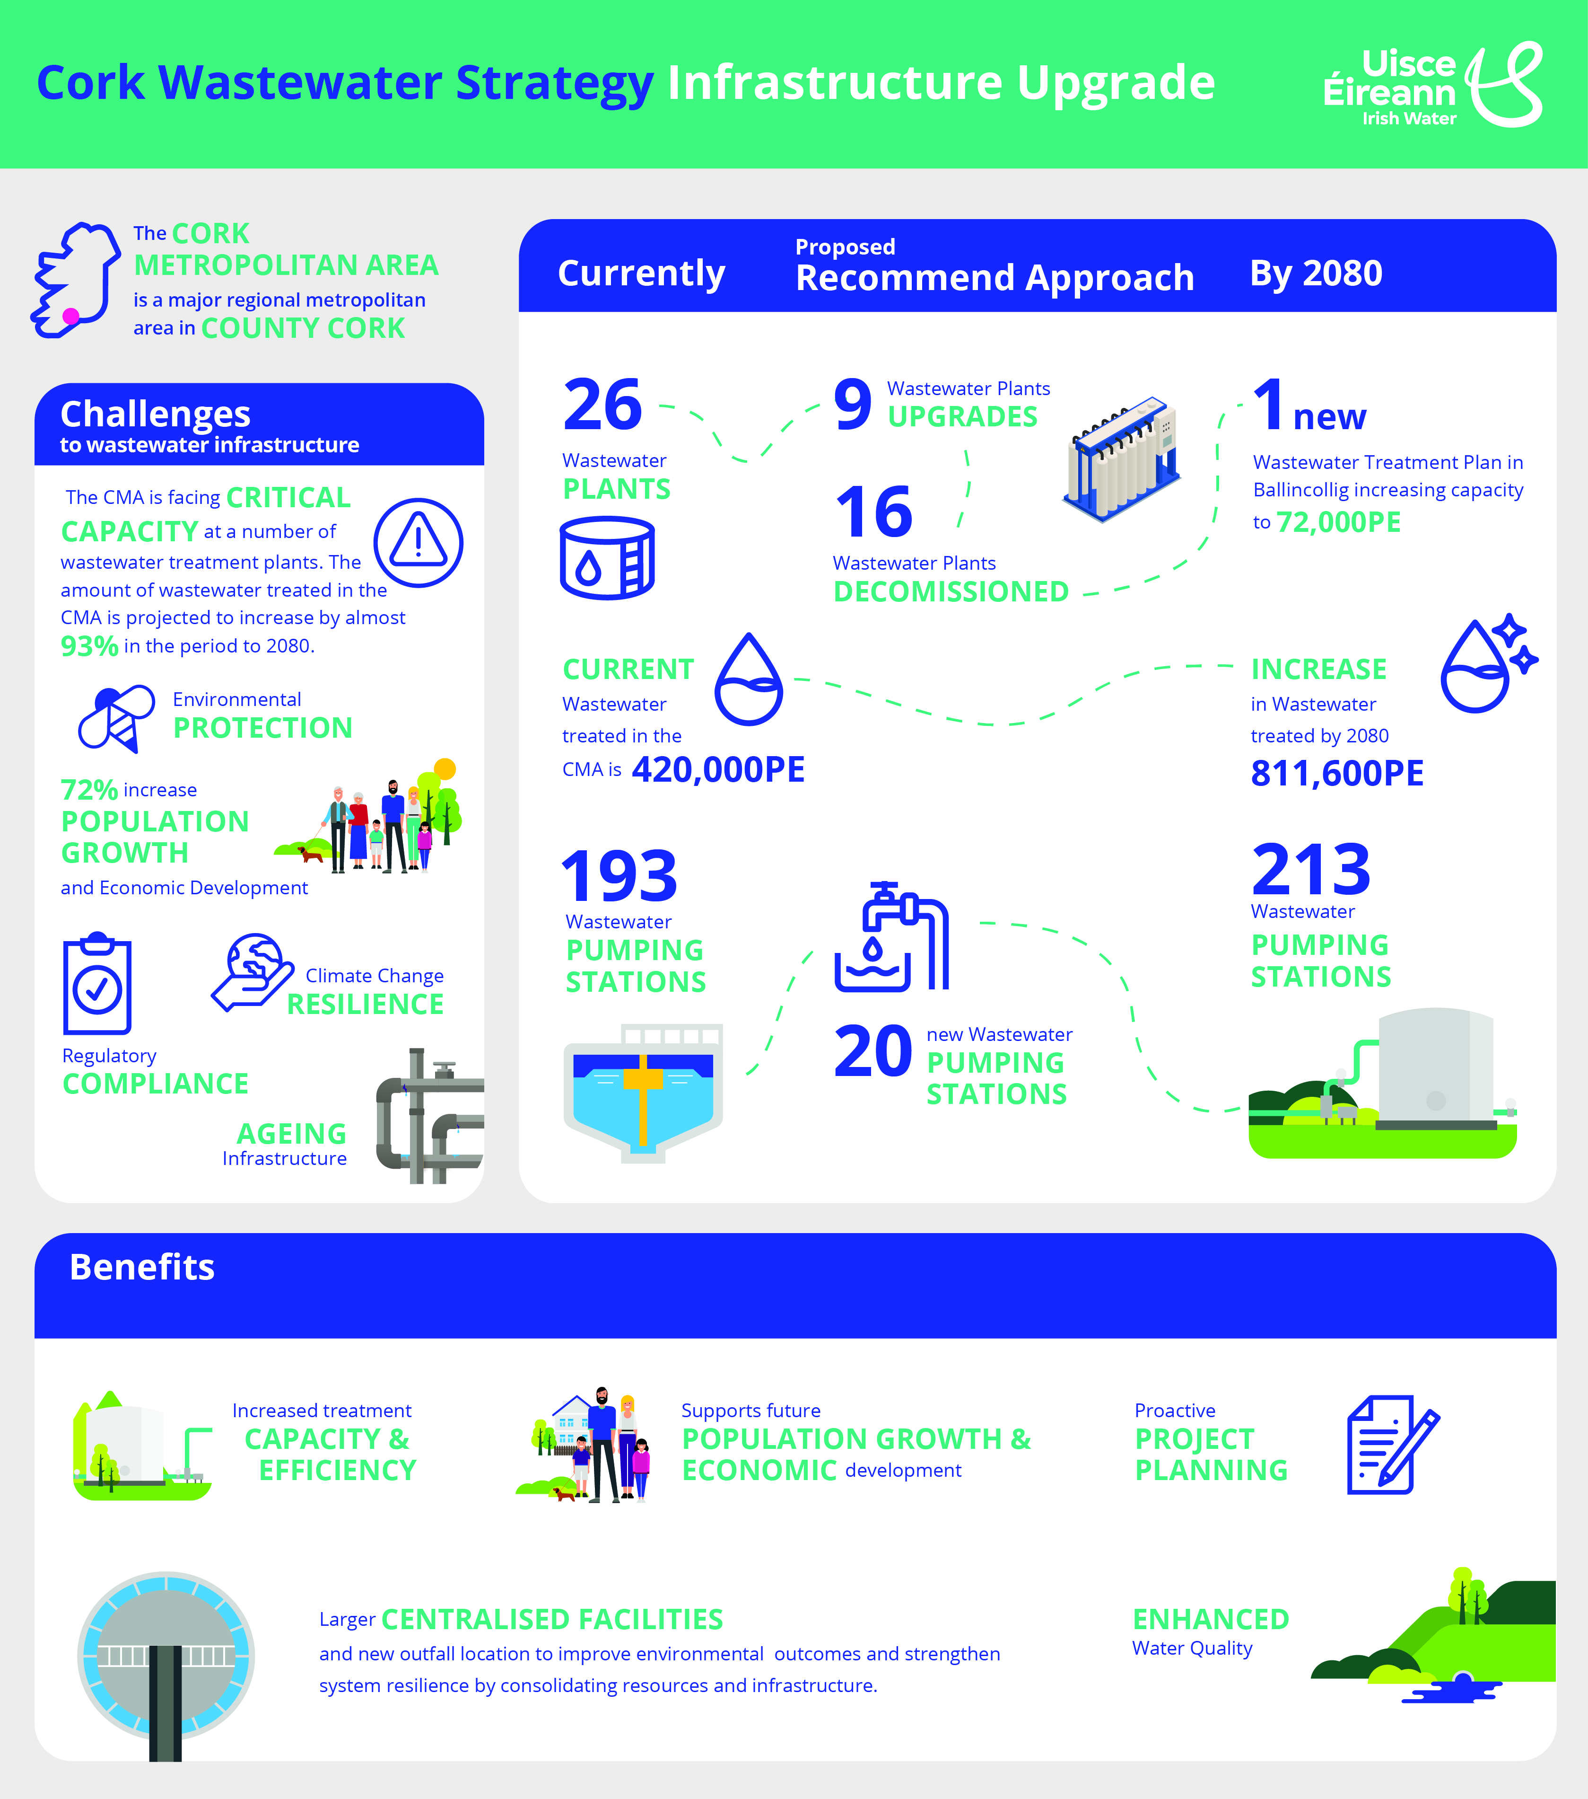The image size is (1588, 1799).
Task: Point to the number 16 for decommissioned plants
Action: [873, 512]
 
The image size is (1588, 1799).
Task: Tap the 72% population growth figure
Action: [89, 789]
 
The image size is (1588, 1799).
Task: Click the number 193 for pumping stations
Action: [619, 877]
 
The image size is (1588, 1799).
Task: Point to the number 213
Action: [1311, 870]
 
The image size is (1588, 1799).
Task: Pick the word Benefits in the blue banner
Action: [142, 1268]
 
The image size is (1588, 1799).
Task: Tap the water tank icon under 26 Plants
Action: [607, 558]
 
